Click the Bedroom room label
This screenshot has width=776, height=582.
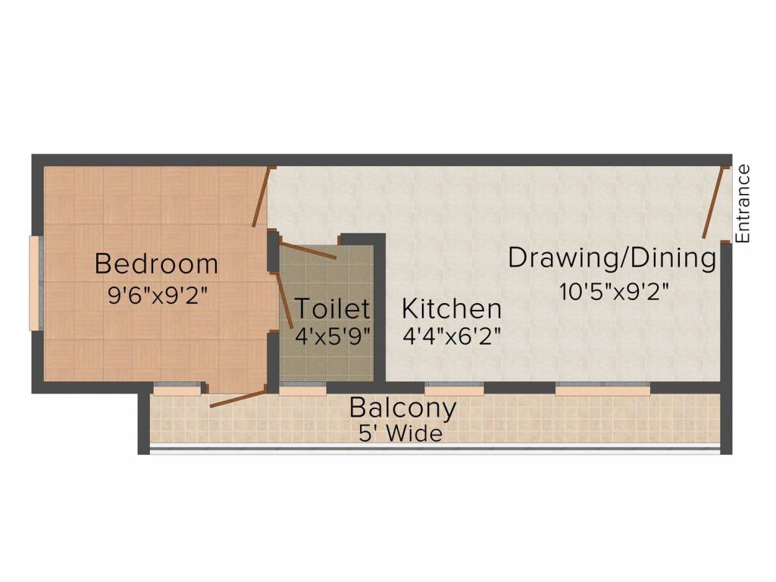coord(156,264)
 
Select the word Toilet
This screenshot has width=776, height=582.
coord(332,309)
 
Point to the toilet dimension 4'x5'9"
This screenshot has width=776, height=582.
coord(332,336)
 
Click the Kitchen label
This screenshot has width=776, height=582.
coord(452,309)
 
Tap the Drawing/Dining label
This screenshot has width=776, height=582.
coord(612,258)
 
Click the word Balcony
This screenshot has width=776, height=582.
coord(402,408)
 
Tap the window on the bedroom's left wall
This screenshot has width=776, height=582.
coord(34,283)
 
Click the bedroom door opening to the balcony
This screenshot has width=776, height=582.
coord(237,399)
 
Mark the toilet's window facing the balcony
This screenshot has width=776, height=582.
coord(302,390)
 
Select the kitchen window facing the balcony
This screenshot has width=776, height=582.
coord(454,390)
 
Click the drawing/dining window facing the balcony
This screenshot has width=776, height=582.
coord(602,390)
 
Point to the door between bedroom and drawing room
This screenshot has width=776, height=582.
coord(261,198)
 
